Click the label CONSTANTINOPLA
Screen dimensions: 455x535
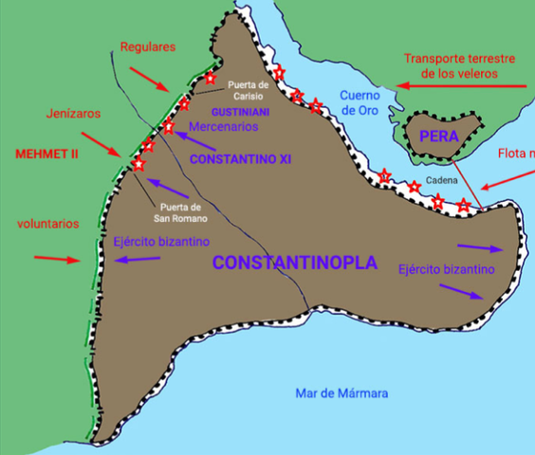click(x=294, y=263)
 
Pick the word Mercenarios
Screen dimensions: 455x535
click(x=223, y=126)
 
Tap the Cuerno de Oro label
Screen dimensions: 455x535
click(x=360, y=103)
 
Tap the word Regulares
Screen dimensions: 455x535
click(x=150, y=46)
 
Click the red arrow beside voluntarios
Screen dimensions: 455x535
click(x=59, y=259)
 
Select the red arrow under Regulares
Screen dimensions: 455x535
click(x=149, y=79)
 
